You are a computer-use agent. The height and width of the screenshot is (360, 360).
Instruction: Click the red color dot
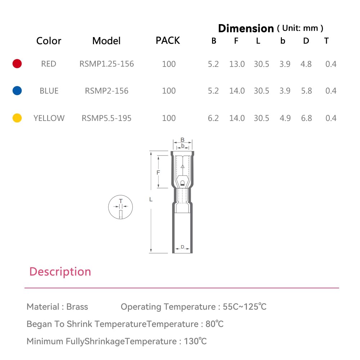[x=17, y=64]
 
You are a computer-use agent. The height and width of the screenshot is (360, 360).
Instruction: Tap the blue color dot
[x=17, y=91]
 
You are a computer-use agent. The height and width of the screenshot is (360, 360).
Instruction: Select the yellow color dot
[x=17, y=118]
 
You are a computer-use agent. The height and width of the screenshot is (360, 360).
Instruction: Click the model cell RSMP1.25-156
[x=107, y=64]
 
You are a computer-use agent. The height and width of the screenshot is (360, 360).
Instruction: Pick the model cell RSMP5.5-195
[x=107, y=118]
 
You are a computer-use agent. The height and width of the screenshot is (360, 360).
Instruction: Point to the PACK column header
[x=168, y=40]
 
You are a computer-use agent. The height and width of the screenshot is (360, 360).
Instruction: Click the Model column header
[x=107, y=41]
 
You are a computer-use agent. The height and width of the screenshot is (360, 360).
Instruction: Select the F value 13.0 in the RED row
[x=237, y=64]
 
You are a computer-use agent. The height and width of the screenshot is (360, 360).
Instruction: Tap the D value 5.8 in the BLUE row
[x=306, y=91]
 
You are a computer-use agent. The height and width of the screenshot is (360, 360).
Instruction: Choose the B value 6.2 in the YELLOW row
[x=213, y=118]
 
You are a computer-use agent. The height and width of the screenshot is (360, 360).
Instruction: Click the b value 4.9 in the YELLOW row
[x=285, y=118]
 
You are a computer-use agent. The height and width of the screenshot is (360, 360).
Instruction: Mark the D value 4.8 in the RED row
[x=306, y=64]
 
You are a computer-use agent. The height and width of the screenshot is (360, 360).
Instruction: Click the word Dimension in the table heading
[x=246, y=28]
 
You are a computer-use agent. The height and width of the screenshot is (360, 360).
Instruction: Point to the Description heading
[x=60, y=271]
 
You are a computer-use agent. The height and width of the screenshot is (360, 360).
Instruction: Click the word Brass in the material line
[x=77, y=307]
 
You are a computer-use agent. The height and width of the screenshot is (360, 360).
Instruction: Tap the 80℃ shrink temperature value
[x=215, y=324]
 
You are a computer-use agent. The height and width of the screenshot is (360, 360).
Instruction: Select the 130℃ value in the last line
[x=195, y=341]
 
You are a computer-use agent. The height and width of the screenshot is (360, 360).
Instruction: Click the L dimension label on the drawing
[x=151, y=199]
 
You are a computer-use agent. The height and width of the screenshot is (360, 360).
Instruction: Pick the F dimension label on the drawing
[x=158, y=173]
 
